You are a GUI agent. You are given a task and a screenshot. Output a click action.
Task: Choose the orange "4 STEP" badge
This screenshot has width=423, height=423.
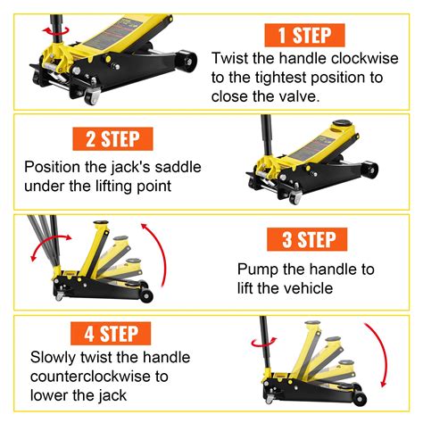113,336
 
